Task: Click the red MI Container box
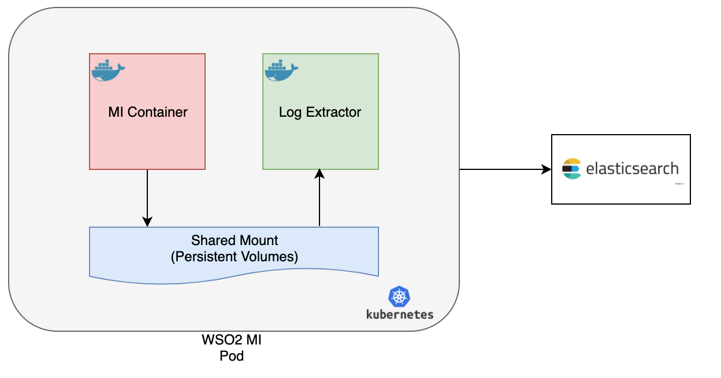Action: click(147, 139)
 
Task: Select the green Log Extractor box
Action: click(320, 139)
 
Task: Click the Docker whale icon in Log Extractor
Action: click(281, 70)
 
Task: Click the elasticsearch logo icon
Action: click(571, 169)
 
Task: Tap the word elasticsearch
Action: click(632, 169)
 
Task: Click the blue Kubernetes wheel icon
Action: click(399, 297)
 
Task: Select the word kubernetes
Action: click(399, 314)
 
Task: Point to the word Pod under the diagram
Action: click(232, 356)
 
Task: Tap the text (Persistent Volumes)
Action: click(235, 257)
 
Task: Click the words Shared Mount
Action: click(235, 240)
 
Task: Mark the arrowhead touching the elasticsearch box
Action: click(547, 169)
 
